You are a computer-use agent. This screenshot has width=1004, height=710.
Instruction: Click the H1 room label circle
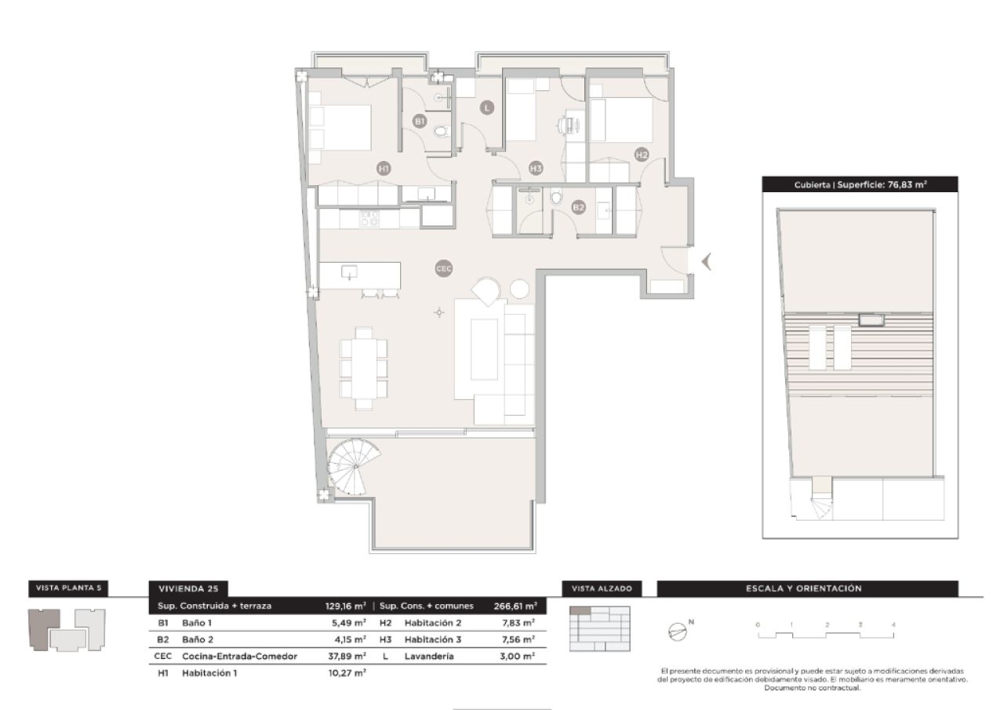coord(384,167)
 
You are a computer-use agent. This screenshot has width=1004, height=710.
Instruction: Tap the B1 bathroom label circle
coord(420,122)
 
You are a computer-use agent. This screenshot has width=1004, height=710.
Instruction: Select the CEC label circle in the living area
coord(444,268)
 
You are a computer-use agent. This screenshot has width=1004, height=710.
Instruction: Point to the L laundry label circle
coord(487,108)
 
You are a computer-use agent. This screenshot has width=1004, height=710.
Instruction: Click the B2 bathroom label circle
coord(579,207)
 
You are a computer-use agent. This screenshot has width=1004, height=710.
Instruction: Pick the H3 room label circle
coord(536,167)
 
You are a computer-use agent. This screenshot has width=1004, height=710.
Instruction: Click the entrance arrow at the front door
coord(706,261)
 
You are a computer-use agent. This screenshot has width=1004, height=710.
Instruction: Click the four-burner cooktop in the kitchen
coord(369,218)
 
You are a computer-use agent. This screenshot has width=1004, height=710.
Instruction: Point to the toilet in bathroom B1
coord(441,130)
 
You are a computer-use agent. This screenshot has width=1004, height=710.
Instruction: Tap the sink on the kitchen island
coord(350,272)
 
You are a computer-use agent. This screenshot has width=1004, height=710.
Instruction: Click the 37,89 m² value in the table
coord(347,656)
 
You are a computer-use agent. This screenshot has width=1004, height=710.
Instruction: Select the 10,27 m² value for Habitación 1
coord(347,673)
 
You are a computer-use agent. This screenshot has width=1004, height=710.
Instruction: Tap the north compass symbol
coord(678,631)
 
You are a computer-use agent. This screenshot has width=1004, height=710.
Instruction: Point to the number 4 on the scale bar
coord(893,624)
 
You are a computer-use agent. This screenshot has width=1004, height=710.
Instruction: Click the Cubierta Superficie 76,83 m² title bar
coord(860,185)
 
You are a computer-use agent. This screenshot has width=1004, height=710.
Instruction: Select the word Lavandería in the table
coord(429,656)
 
